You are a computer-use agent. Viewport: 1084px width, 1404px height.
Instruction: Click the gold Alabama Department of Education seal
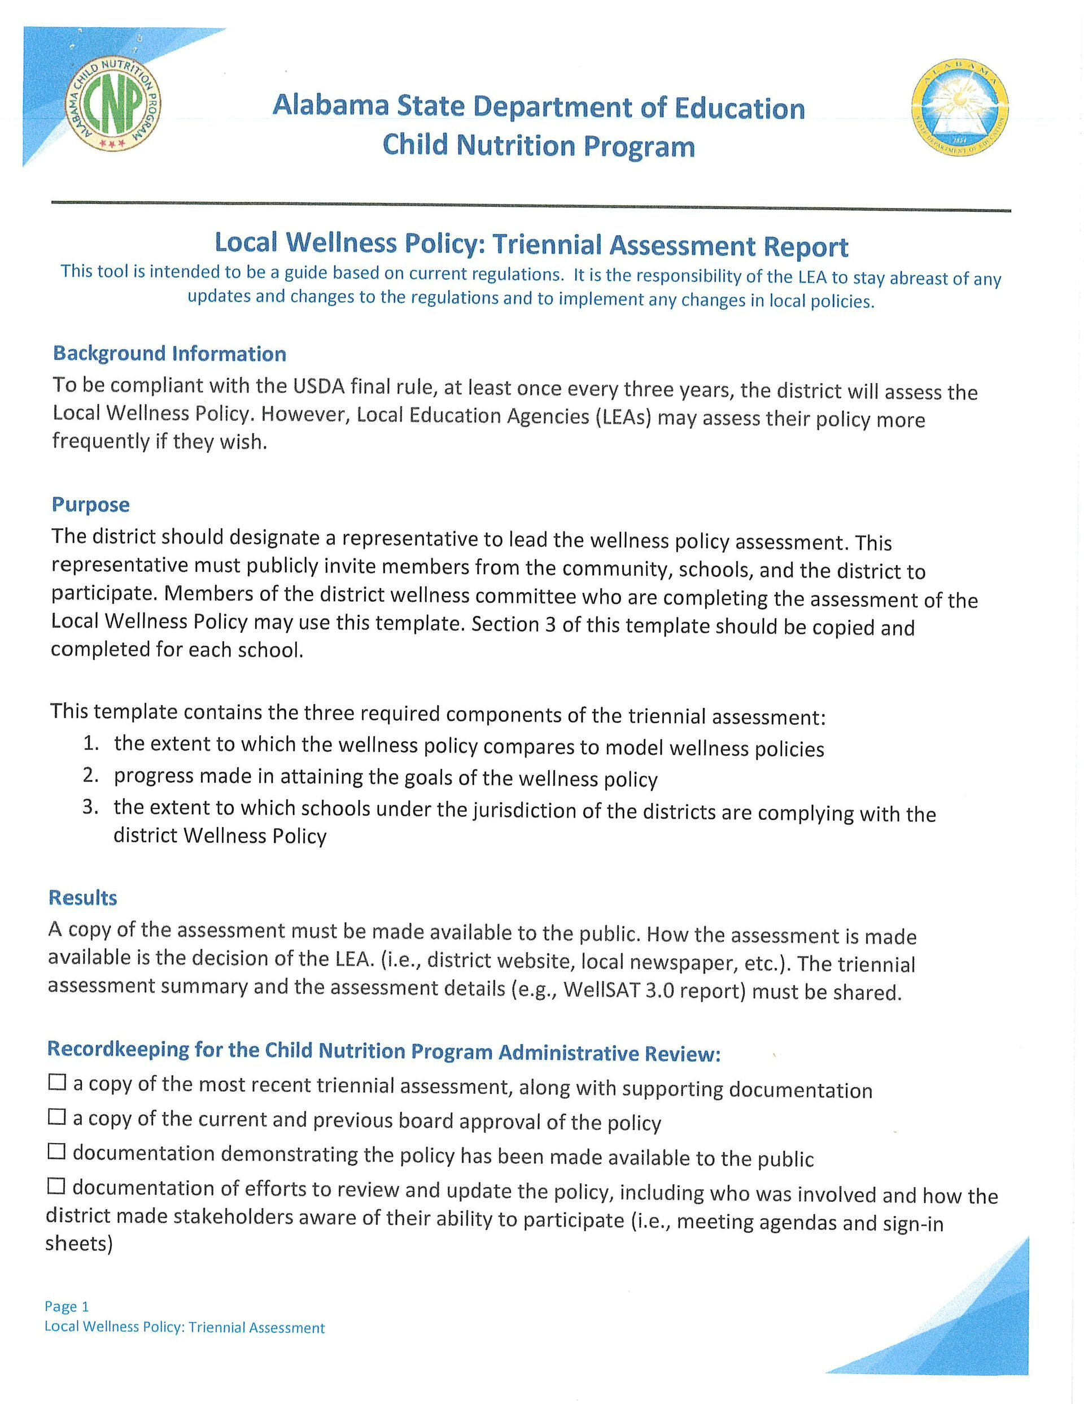[960, 112]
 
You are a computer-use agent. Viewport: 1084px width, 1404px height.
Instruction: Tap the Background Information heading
[169, 354]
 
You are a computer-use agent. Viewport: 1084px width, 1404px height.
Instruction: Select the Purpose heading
[90, 505]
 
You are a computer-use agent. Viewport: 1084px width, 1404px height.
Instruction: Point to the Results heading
[83, 898]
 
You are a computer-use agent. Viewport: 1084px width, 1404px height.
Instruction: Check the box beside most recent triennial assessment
[57, 1083]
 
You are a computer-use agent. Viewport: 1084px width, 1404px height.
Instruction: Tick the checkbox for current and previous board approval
[57, 1118]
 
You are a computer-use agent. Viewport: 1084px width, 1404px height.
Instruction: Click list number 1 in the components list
[90, 744]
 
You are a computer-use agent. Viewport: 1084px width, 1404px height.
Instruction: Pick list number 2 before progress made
[90, 775]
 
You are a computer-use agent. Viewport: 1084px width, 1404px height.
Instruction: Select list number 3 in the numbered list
[90, 807]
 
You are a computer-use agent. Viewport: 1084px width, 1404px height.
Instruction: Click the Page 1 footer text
[67, 1306]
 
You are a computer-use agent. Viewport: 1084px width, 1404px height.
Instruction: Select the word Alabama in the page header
[330, 106]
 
